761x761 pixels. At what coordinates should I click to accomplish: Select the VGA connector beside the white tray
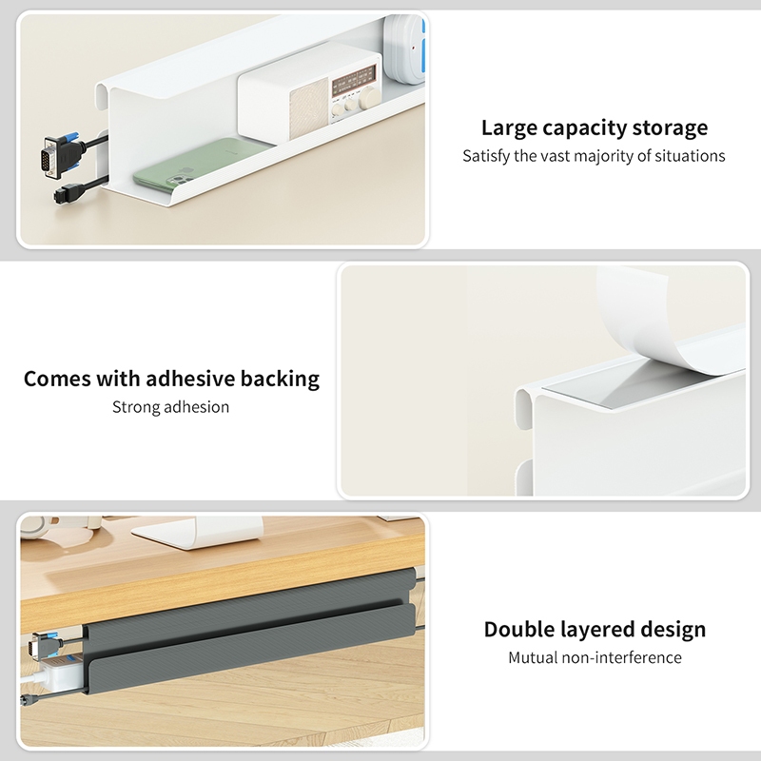tap(60, 154)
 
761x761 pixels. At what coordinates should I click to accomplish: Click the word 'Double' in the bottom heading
tap(518, 630)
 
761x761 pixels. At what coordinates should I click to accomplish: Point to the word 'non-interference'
tap(622, 657)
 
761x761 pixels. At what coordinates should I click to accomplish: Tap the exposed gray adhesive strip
tap(631, 387)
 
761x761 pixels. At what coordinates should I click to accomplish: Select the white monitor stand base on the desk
tap(198, 534)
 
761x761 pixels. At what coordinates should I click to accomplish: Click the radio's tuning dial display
tap(354, 79)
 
